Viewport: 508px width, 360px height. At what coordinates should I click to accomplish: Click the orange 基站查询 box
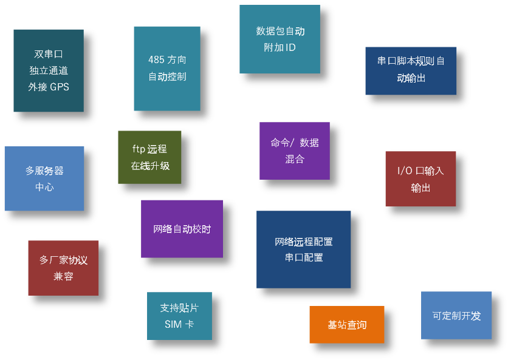pyautogui.click(x=346, y=324)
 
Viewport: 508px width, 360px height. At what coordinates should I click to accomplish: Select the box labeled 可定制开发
pyautogui.click(x=456, y=315)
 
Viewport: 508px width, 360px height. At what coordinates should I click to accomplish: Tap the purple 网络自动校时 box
pyautogui.click(x=182, y=229)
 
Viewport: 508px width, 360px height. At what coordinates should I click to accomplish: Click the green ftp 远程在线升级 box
pyautogui.click(x=149, y=157)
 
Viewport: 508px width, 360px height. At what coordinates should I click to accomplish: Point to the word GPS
pyautogui.click(x=60, y=87)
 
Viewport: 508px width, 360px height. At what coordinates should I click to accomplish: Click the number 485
pyautogui.click(x=156, y=59)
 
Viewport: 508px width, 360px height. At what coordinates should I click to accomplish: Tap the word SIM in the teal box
pyautogui.click(x=173, y=324)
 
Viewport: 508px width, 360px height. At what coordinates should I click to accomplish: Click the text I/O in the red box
pyautogui.click(x=404, y=171)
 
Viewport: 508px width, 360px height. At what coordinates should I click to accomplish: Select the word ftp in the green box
pyautogui.click(x=139, y=149)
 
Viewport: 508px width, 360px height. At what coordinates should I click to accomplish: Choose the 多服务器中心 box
pyautogui.click(x=44, y=178)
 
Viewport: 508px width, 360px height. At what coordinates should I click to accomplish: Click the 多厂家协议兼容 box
pyautogui.click(x=63, y=268)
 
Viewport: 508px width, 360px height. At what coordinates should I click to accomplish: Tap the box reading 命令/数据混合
pyautogui.click(x=295, y=151)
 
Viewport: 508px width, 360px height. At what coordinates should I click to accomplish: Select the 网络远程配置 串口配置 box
pyautogui.click(x=303, y=250)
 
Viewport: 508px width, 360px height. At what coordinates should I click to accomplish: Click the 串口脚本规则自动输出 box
pyautogui.click(x=411, y=71)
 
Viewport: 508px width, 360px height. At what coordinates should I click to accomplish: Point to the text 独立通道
pyautogui.click(x=49, y=70)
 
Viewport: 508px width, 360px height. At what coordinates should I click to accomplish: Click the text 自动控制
pyautogui.click(x=167, y=76)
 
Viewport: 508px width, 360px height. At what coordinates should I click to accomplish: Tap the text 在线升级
pyautogui.click(x=150, y=166)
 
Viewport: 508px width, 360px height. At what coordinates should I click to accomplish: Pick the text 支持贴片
pyautogui.click(x=179, y=308)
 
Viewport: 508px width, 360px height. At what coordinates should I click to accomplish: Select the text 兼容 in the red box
pyautogui.click(x=63, y=276)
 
